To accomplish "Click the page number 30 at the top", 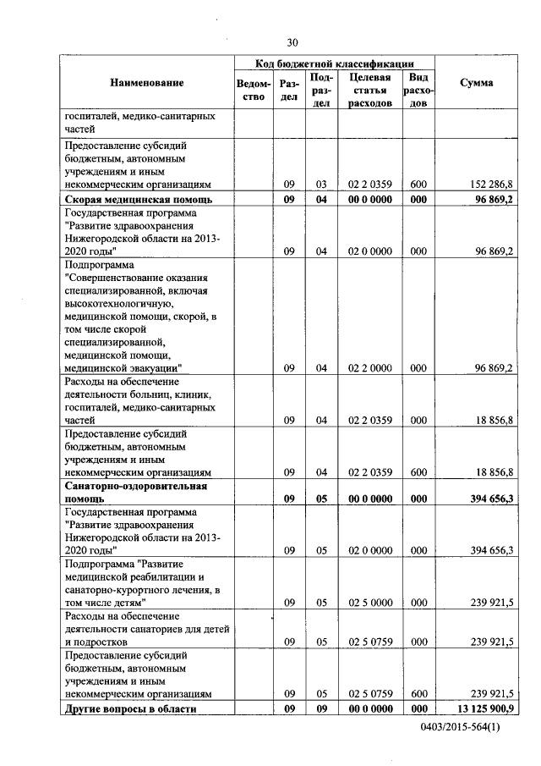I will pyautogui.click(x=292, y=41).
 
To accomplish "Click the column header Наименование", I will pyautogui.click(x=146, y=82).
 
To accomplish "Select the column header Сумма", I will pyautogui.click(x=477, y=82).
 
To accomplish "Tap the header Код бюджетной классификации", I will pyautogui.click(x=335, y=63).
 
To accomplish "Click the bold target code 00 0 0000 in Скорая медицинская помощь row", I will pyautogui.click(x=369, y=200).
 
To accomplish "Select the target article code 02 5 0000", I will pyautogui.click(x=369, y=602).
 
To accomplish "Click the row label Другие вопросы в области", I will pyautogui.click(x=130, y=708).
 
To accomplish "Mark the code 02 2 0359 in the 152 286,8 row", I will pyautogui.click(x=369, y=184).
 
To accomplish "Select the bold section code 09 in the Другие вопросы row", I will pyautogui.click(x=288, y=708).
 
